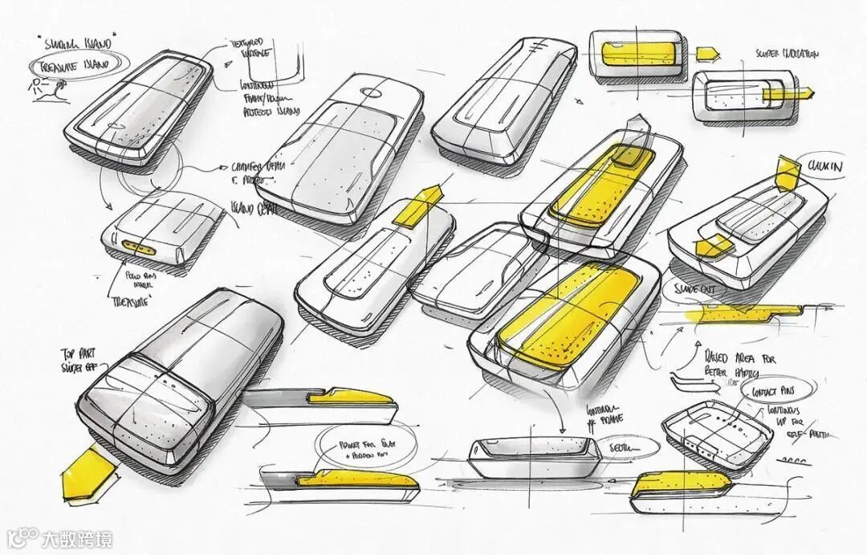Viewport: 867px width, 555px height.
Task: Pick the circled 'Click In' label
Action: coord(824,166)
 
